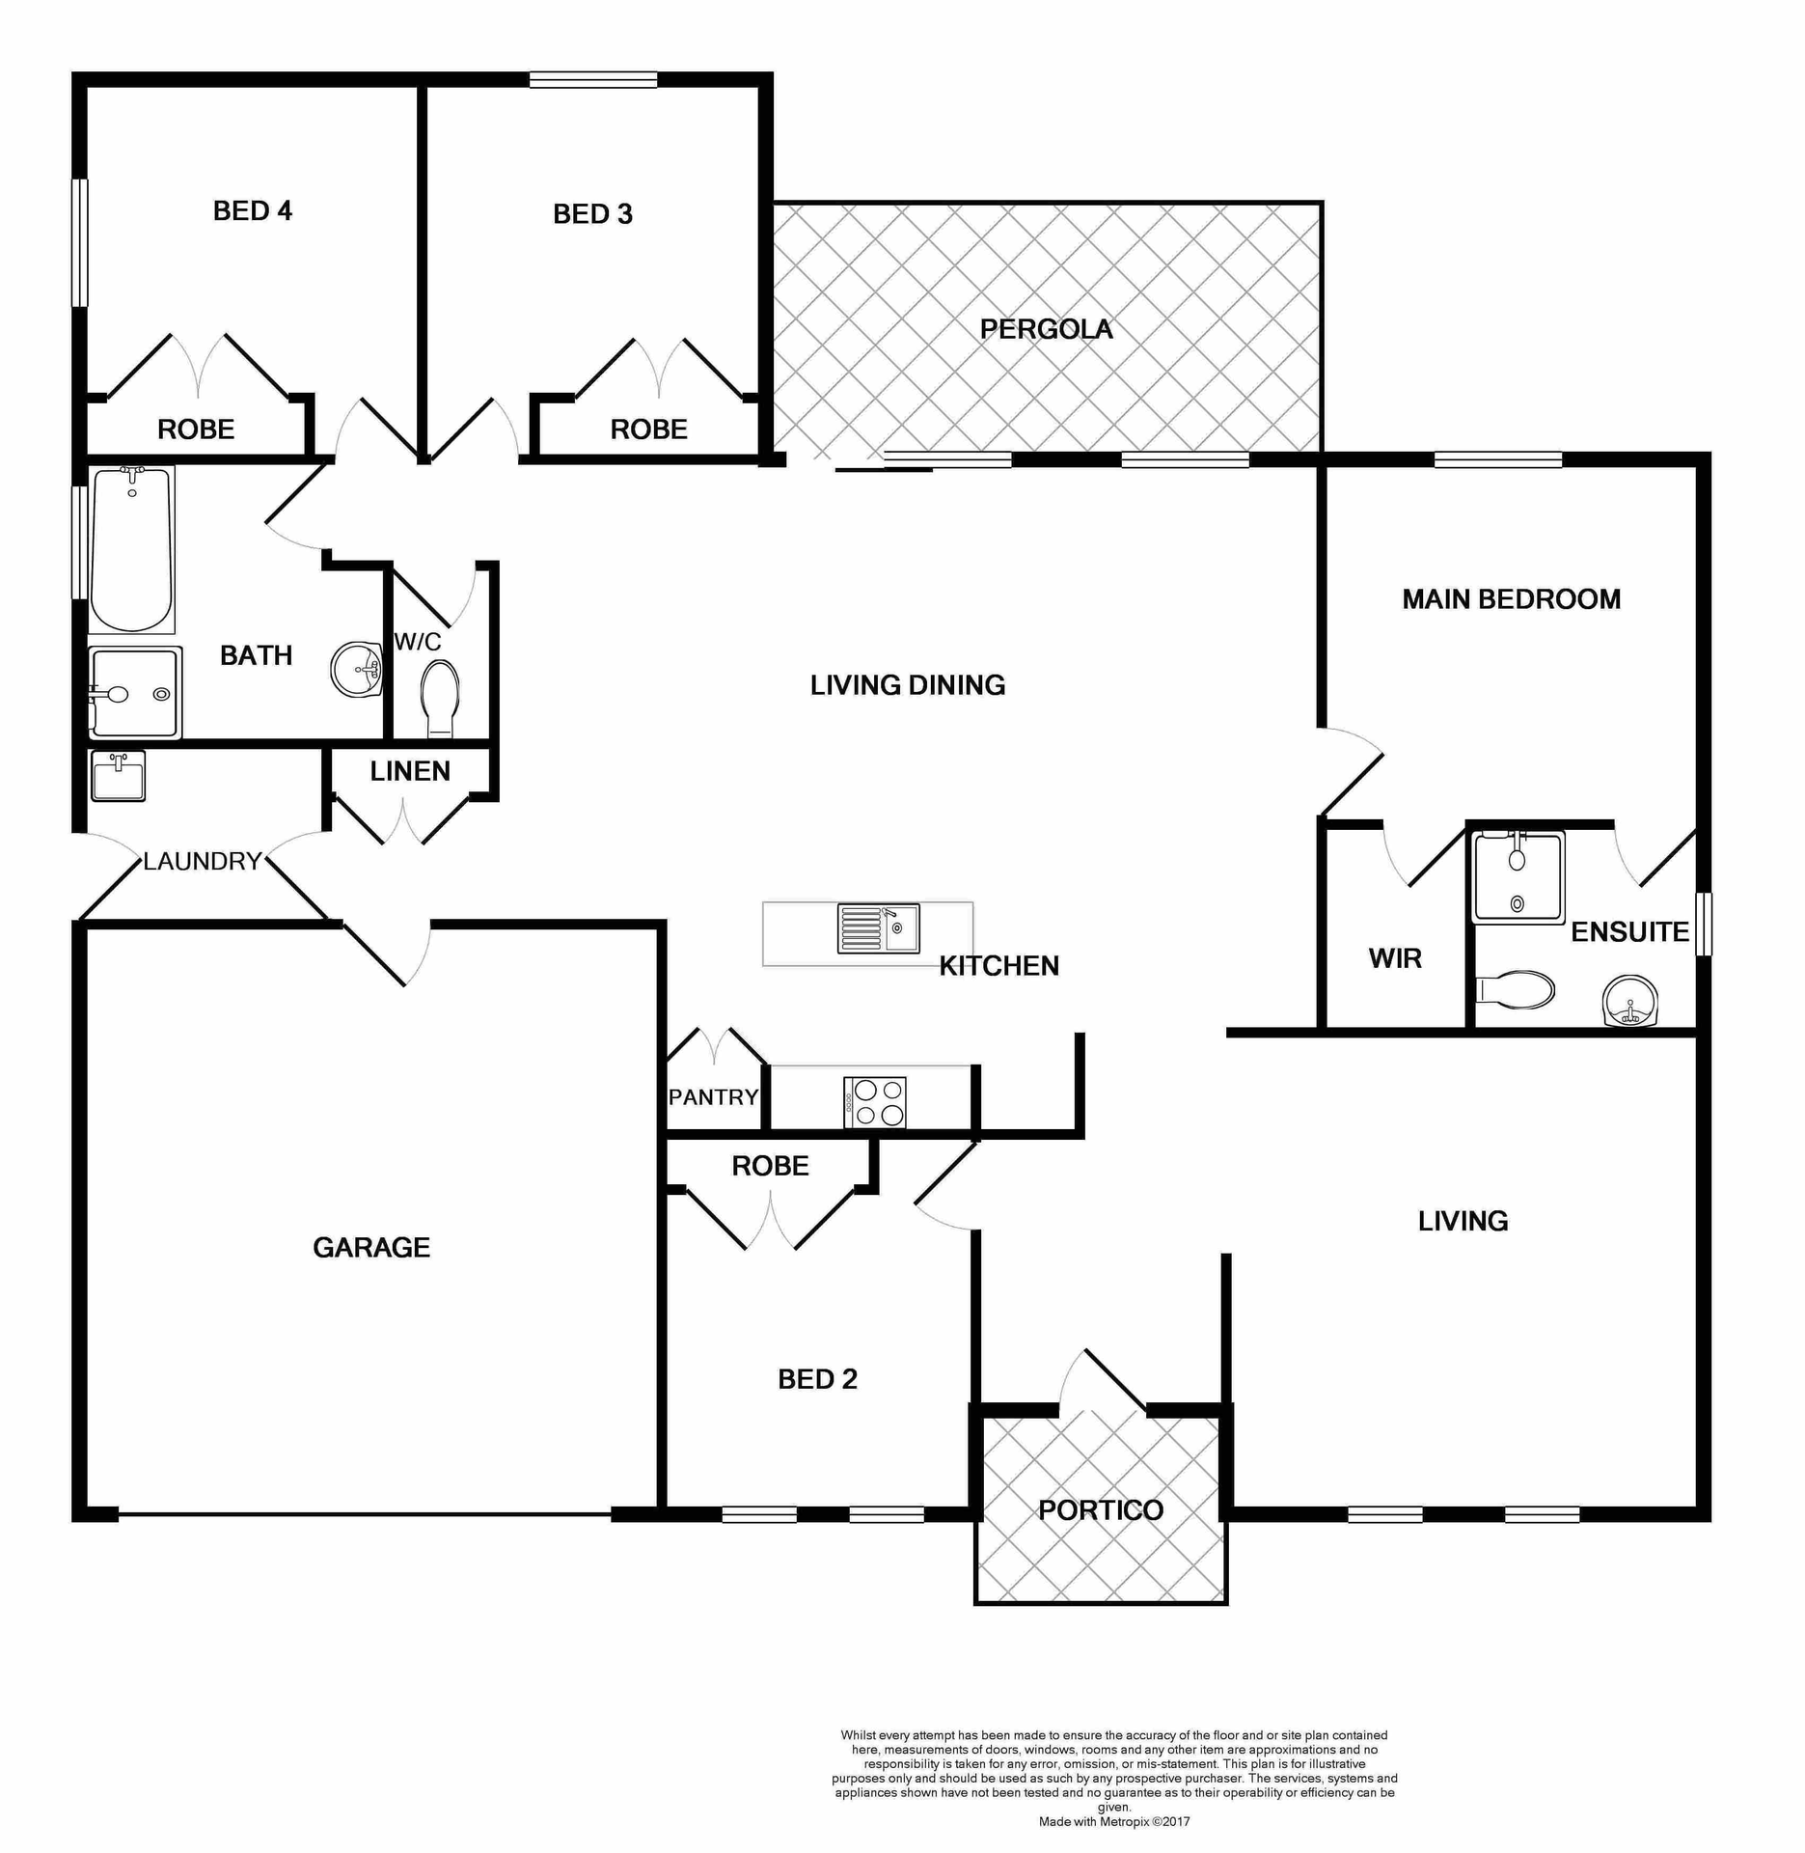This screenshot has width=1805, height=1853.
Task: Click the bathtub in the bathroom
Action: tap(132, 549)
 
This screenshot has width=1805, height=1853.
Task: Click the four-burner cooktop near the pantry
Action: tap(875, 1102)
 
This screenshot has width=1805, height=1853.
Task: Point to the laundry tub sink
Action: tap(118, 777)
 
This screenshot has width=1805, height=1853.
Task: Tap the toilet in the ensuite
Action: tap(1516, 990)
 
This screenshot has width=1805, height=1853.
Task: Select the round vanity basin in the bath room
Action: tap(357, 669)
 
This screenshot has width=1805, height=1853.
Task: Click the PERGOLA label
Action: tap(1046, 329)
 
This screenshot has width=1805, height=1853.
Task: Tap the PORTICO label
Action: tap(1101, 1510)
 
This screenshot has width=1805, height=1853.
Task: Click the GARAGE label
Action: tap(371, 1248)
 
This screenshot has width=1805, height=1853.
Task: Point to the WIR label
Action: tap(1395, 958)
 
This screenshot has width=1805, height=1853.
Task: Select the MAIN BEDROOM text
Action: tap(1511, 599)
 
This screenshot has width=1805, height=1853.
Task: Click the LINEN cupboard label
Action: tap(410, 771)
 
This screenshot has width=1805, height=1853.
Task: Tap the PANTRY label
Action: tap(713, 1097)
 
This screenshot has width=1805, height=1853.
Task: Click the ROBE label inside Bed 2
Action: tap(770, 1166)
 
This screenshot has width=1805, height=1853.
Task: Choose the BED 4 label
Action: tap(253, 210)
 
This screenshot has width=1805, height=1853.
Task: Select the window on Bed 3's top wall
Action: tap(593, 80)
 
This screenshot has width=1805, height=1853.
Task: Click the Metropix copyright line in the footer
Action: tap(1114, 1822)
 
